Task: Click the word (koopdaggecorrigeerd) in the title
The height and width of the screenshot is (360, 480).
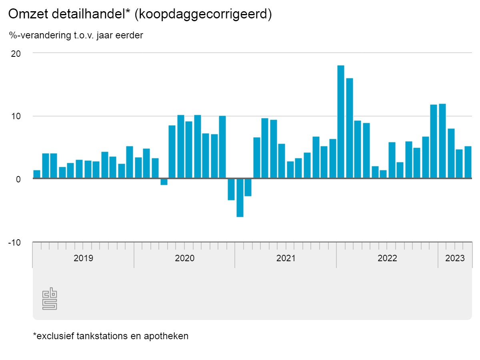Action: point(204,14)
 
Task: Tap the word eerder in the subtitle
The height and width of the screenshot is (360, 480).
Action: point(129,36)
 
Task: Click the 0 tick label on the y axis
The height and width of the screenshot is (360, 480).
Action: point(18,179)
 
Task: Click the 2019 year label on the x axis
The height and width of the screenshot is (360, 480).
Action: point(83,258)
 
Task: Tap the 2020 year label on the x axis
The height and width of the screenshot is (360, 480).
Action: point(184,258)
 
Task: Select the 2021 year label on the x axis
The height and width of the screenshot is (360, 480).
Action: point(286,258)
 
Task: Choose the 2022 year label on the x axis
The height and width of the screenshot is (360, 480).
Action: point(387,258)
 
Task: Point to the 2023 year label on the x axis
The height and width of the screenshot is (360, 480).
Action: point(455,258)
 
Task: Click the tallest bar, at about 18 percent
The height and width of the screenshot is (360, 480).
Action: point(341,122)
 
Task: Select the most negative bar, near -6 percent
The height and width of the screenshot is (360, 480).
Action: point(240,198)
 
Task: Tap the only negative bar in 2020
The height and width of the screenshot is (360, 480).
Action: point(164,182)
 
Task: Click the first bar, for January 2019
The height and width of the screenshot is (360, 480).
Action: point(37,174)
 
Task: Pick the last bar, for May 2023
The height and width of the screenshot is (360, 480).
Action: point(468,162)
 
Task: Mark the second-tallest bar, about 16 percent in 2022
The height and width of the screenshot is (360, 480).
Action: point(350,128)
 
